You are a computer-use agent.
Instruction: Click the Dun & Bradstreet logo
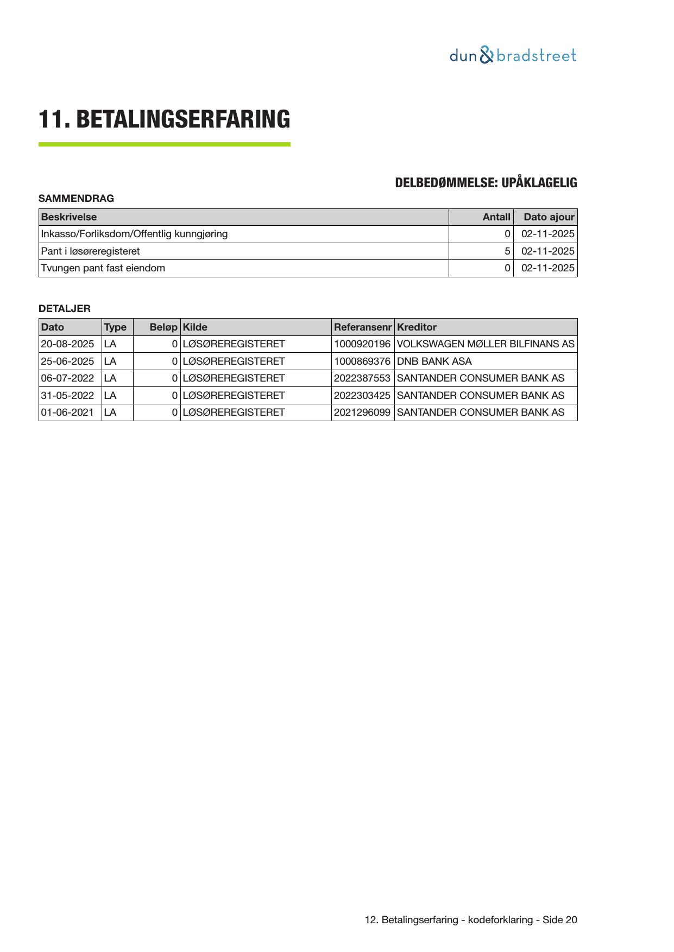pos(512,55)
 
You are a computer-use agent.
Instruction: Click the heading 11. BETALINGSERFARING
pos(164,119)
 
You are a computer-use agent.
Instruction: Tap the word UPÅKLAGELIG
pos(539,183)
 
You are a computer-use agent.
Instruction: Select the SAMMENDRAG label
pos(76,199)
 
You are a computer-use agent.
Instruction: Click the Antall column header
pos(496,217)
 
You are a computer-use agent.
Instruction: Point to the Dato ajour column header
pos(549,217)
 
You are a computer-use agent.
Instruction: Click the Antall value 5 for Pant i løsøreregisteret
pos(507,251)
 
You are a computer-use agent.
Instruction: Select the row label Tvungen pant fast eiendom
pos(103,268)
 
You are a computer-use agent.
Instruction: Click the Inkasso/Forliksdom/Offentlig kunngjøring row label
pos(134,234)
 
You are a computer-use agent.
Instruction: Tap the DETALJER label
pos(65,309)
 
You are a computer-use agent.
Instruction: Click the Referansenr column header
pos(362,327)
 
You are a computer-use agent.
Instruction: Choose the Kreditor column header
pos(417,327)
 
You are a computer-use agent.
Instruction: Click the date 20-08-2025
pos(67,344)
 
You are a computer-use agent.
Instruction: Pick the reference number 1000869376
pos(362,361)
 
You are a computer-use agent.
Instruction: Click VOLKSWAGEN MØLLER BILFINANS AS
pos(486,344)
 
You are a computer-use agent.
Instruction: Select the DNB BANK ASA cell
pos(434,361)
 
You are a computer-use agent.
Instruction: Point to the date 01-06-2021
pos(67,412)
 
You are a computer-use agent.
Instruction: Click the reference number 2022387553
pos(362,378)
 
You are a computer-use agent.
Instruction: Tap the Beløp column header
pos(163,327)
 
